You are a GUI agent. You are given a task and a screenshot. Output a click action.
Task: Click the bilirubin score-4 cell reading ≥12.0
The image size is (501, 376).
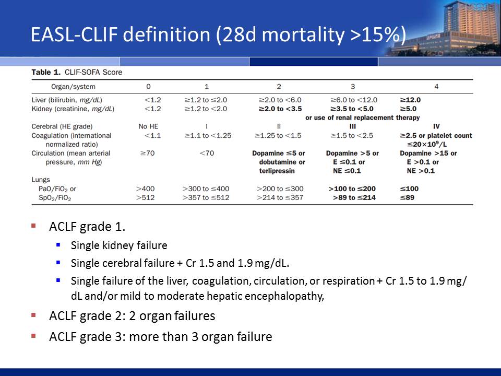(x=410, y=100)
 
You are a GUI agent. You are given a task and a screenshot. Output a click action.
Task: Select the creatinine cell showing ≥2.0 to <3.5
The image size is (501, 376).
(x=280, y=109)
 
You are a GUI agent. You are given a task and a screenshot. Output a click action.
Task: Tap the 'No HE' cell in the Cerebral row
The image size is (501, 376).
(x=148, y=126)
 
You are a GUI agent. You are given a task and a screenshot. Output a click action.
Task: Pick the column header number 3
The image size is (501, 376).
(x=353, y=87)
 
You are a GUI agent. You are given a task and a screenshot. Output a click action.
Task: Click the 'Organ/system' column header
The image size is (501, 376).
(x=73, y=87)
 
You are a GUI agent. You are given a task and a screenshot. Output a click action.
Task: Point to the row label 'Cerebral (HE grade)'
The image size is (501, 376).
(x=62, y=126)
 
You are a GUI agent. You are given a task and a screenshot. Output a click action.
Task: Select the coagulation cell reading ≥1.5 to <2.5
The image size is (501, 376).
(x=352, y=136)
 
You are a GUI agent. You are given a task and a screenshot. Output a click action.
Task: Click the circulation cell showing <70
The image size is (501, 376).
(x=207, y=153)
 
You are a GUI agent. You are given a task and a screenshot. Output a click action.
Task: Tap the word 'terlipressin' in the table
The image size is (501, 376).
(x=277, y=171)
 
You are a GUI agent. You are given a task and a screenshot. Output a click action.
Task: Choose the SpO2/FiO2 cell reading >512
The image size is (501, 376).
(x=146, y=197)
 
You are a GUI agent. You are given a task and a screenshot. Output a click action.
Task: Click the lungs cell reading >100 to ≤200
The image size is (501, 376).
(x=352, y=189)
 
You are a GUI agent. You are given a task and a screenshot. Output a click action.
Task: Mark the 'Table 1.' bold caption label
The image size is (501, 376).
(x=46, y=72)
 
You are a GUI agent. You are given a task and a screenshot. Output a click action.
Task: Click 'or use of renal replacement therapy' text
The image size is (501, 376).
(x=362, y=118)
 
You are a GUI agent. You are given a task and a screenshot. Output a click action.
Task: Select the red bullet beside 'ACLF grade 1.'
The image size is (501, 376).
(x=33, y=226)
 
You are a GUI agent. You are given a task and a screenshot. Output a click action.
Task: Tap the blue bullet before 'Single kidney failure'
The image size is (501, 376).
(x=58, y=245)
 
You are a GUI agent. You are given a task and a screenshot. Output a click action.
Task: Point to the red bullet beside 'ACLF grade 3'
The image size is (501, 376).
(x=33, y=336)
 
